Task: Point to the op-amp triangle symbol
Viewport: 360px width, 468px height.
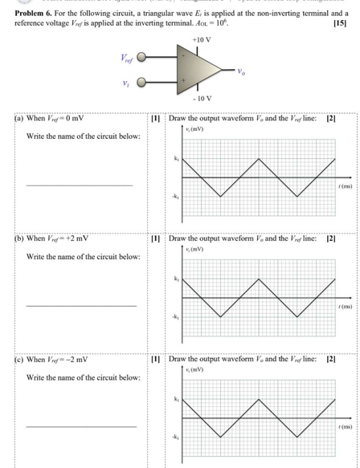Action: click(x=200, y=69)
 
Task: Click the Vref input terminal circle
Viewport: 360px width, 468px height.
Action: click(x=142, y=58)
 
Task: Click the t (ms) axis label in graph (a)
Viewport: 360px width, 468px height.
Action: click(x=346, y=185)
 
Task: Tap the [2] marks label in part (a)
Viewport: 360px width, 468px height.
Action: click(x=330, y=119)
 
